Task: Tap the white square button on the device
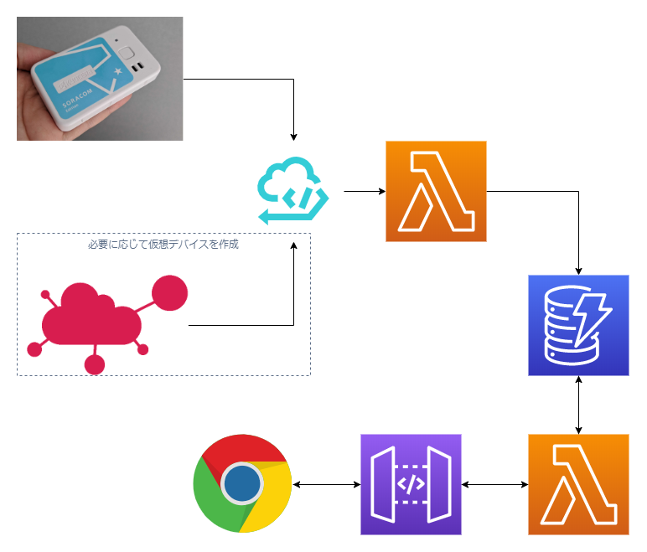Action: [127, 57]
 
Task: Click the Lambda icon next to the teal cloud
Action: [436, 192]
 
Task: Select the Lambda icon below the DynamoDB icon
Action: [578, 484]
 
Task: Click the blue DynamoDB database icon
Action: [578, 325]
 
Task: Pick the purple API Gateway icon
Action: [411, 484]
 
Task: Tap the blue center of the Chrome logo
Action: [242, 484]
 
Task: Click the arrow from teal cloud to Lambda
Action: [364, 192]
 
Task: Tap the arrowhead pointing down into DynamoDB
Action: [578, 270]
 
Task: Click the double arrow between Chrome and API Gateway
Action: [326, 484]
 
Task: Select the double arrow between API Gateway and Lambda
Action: [494, 484]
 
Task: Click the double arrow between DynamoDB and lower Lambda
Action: [578, 405]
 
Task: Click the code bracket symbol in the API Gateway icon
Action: [411, 484]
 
